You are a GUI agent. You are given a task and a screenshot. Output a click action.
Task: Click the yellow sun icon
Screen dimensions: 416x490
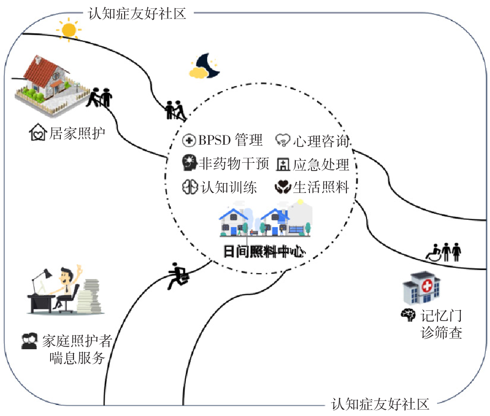[x=69, y=29]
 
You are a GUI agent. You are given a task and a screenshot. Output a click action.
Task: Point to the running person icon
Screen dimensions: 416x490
[x=177, y=276]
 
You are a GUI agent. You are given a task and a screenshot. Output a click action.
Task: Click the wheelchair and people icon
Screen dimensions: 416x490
[x=444, y=252]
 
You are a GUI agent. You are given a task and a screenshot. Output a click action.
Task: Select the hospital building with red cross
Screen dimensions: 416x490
[x=421, y=289]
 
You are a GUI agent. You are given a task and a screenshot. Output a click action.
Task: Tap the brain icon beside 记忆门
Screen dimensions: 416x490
[x=407, y=315]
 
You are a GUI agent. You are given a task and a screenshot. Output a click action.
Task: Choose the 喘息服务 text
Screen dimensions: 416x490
[x=77, y=358]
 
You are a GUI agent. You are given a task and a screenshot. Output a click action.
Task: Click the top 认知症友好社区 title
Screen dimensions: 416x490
[x=137, y=13]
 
